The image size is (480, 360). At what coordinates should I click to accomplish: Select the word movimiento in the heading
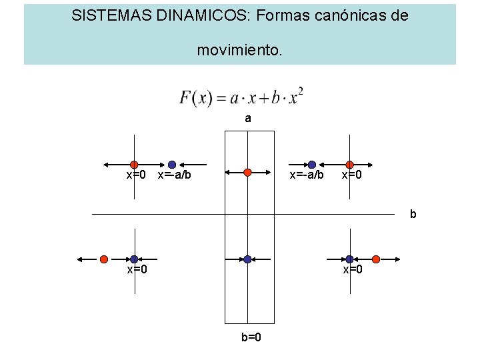pos(238,49)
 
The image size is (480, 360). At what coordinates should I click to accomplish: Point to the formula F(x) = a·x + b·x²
pos(241,97)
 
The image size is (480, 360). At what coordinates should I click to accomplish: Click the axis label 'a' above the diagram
pos(248,119)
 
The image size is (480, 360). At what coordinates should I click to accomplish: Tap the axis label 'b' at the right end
pos(413,214)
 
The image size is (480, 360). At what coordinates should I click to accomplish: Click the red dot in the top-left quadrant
pos(134,164)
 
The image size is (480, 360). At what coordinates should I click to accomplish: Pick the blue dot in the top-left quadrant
pos(172,164)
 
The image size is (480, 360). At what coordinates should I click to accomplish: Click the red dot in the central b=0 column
pos(247,171)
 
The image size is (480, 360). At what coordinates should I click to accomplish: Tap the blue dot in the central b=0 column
pos(247,259)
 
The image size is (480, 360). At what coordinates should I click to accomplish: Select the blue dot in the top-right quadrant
pos(311,164)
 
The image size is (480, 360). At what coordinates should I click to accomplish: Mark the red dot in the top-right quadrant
pos(349,164)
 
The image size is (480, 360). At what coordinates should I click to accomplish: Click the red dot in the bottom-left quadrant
pos(104,259)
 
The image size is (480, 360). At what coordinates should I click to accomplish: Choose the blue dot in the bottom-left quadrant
pos(134,259)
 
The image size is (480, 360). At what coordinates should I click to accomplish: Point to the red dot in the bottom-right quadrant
pos(376,259)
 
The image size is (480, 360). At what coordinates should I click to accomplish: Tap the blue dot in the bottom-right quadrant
pos(349,259)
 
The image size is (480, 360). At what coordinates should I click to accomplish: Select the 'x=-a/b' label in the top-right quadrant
pos(306,175)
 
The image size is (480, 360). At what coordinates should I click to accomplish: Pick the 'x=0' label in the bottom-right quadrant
pos(353,270)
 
